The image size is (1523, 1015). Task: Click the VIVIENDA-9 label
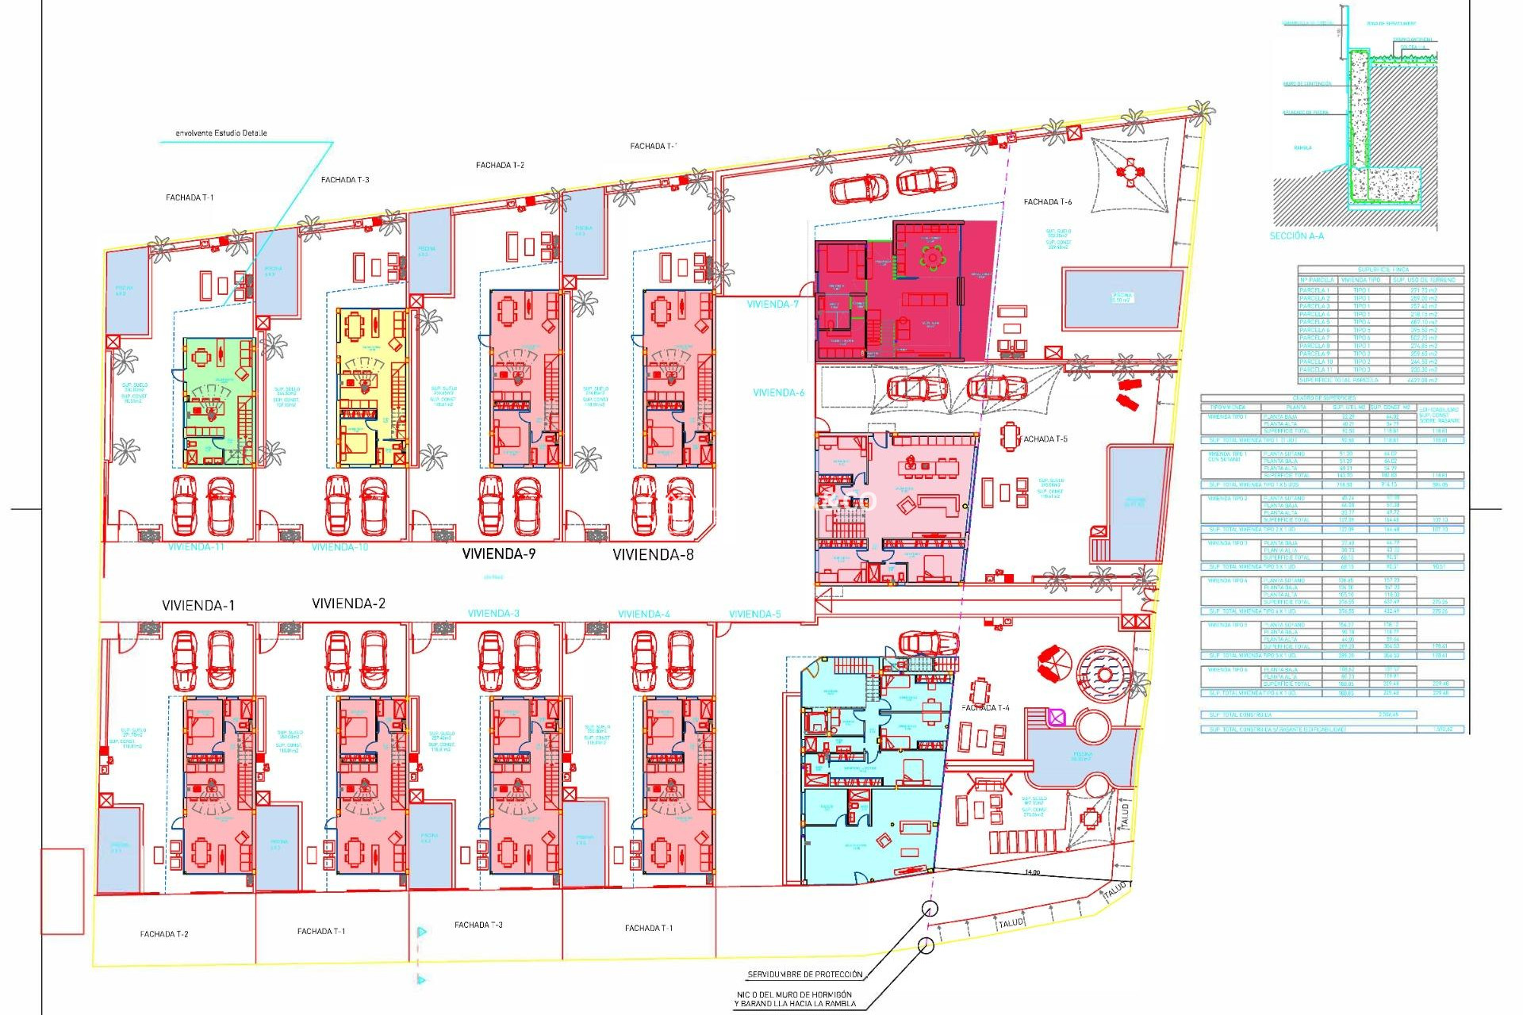click(498, 553)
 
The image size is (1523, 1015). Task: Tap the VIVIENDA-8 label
click(653, 554)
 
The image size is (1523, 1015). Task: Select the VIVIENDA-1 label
click(198, 605)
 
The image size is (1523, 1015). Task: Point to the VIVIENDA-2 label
click(348, 603)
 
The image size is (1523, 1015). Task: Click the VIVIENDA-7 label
click(773, 304)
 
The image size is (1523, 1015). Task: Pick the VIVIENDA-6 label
click(778, 393)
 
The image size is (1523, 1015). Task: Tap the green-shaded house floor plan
click(219, 402)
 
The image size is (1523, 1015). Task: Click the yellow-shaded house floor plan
click(372, 387)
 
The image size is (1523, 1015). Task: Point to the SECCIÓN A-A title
click(1296, 236)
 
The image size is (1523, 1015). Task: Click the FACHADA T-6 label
click(1047, 202)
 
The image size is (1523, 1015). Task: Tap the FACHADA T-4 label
click(985, 707)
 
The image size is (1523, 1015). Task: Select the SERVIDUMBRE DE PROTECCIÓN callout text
click(804, 975)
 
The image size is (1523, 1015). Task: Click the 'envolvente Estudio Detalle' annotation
click(221, 133)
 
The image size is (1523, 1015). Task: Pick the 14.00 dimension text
click(1032, 872)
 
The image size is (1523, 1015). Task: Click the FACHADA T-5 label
click(1045, 439)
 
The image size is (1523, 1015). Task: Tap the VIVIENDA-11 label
click(195, 547)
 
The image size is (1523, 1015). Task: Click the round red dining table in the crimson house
click(933, 257)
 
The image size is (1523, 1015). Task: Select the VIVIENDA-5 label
click(754, 614)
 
